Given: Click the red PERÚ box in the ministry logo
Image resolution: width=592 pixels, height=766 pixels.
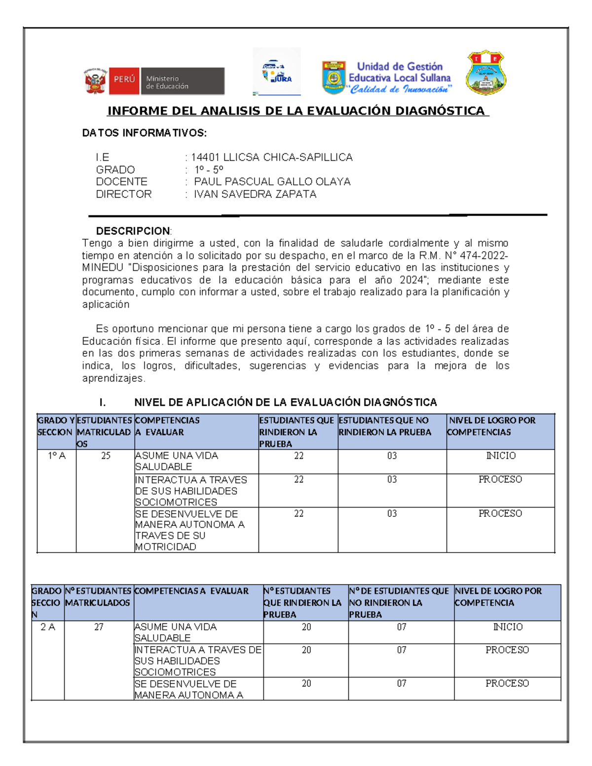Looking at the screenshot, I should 124,80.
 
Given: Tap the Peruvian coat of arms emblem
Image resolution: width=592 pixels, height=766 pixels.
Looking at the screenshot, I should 96,81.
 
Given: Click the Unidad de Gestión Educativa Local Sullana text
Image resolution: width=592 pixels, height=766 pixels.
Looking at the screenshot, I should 399,72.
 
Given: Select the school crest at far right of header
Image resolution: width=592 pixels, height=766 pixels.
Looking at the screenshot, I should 486,73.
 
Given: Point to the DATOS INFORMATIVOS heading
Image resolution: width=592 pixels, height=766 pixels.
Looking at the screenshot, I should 144,133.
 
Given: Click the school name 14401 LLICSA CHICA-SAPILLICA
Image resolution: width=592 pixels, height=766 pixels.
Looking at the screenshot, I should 271,157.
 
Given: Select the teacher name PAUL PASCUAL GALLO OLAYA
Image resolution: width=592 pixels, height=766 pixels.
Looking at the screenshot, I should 272,182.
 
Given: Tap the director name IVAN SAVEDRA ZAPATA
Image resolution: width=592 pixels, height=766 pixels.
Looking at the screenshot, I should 255,194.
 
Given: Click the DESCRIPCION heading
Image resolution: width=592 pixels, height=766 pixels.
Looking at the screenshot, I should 133,231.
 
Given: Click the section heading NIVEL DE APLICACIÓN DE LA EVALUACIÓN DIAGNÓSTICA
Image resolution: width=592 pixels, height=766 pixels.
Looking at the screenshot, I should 285,402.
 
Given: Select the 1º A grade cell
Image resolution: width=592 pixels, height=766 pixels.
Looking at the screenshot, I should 57,456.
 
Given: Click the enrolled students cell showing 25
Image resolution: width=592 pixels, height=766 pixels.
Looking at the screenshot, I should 106,456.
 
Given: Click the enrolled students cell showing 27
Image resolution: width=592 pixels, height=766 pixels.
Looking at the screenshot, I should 99,627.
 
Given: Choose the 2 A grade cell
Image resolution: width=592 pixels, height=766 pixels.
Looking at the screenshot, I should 48,627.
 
